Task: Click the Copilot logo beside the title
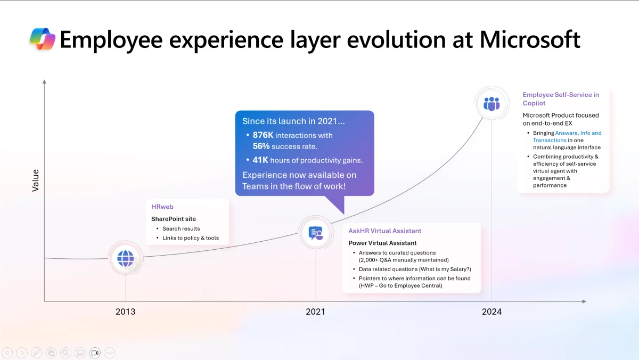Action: [x=43, y=40]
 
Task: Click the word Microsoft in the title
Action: [x=530, y=40]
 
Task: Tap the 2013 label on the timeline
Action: [x=126, y=312]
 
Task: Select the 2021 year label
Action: [x=315, y=312]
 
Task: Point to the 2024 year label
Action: [x=491, y=312]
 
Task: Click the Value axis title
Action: [x=36, y=181]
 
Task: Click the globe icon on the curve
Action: [x=126, y=259]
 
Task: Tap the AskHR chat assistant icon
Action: [x=316, y=233]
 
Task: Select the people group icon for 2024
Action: [x=491, y=103]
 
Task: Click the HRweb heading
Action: [x=162, y=207]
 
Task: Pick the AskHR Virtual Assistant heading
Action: [x=384, y=231]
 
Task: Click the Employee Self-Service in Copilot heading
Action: [x=561, y=95]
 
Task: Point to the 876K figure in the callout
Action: [x=263, y=135]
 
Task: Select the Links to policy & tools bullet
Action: [x=191, y=238]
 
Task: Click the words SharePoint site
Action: [x=174, y=219]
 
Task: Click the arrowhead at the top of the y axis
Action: [x=44, y=81]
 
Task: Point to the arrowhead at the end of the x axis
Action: [x=584, y=301]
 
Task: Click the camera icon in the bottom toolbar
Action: [x=95, y=353]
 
